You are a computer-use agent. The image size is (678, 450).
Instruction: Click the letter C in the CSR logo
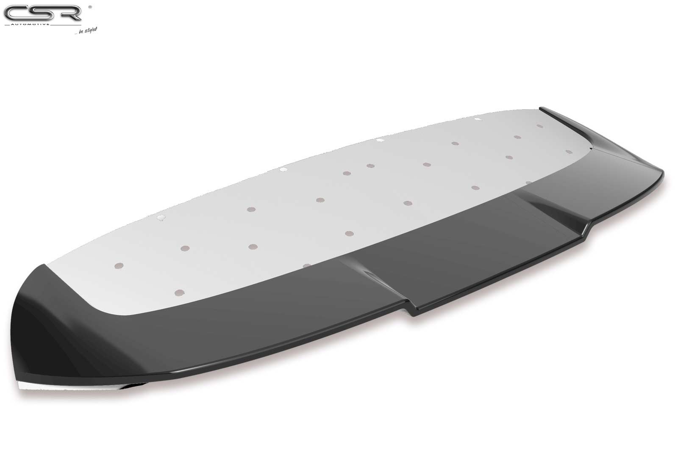pyautogui.click(x=16, y=13)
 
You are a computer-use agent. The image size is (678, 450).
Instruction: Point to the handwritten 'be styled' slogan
pyautogui.click(x=88, y=30)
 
